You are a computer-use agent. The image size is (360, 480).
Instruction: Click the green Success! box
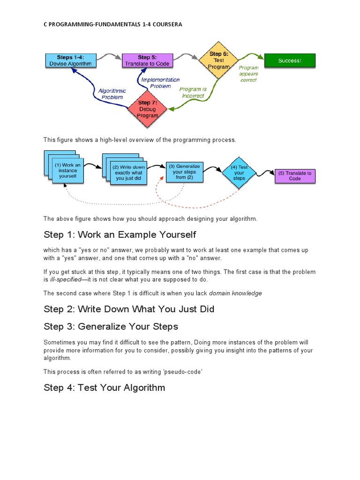pyautogui.click(x=290, y=60)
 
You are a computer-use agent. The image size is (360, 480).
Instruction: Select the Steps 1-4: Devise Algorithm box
pyautogui.click(x=71, y=60)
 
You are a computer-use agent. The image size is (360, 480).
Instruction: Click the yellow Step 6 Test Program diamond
pyautogui.click(x=218, y=60)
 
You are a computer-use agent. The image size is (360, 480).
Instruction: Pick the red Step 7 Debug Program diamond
pyautogui.click(x=148, y=109)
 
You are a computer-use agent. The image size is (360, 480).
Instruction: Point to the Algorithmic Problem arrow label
pyautogui.click(x=112, y=94)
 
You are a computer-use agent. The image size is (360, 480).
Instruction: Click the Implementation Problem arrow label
pyautogui.click(x=160, y=83)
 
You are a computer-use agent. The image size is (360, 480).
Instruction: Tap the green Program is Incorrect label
pyautogui.click(x=193, y=92)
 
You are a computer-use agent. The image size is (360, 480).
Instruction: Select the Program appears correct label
pyautogui.click(x=248, y=74)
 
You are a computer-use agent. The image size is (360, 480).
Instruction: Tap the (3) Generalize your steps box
pyautogui.click(x=184, y=172)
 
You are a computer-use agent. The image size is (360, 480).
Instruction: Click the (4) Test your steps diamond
pyautogui.click(x=239, y=172)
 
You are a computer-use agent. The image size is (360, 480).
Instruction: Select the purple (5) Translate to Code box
pyautogui.click(x=295, y=176)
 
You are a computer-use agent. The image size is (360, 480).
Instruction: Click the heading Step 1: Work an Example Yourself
pyautogui.click(x=120, y=234)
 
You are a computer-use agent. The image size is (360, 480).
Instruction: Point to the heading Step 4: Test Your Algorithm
pyautogui.click(x=104, y=388)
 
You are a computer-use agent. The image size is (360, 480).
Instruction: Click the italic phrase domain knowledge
pyautogui.click(x=235, y=293)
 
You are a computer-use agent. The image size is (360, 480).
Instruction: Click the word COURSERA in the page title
pyautogui.click(x=165, y=24)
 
